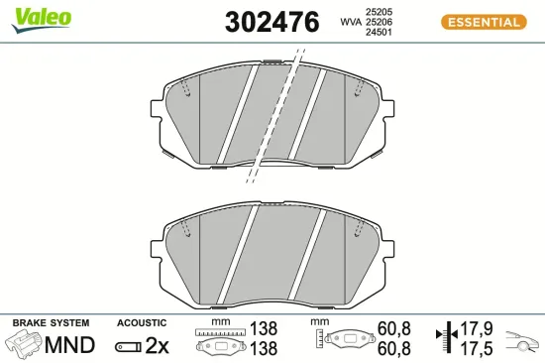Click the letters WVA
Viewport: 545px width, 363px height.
tap(350, 20)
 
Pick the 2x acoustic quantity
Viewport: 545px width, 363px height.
tap(158, 345)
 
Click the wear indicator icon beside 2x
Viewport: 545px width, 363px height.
tap(129, 346)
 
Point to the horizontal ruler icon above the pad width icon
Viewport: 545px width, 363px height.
tap(218, 332)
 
